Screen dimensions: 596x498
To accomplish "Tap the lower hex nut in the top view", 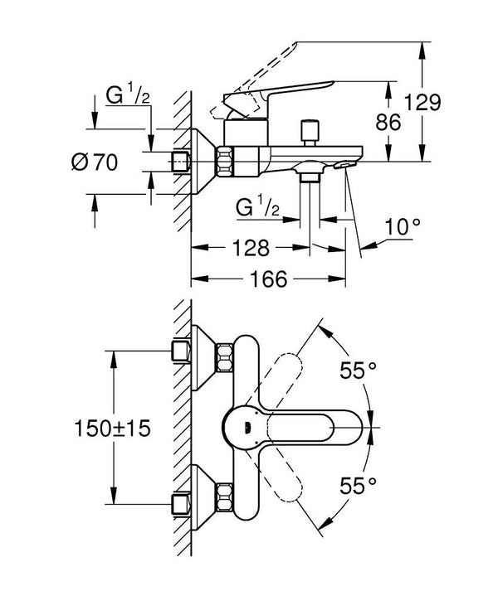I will [x=225, y=497].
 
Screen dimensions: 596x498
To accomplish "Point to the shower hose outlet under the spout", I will [x=310, y=177].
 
